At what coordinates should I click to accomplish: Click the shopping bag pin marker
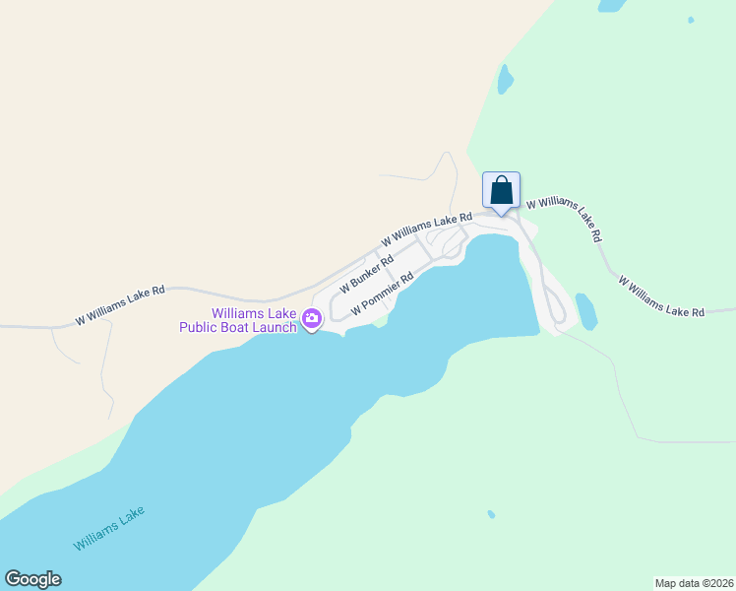pos(501,190)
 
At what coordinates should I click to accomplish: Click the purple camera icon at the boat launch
pos(312,318)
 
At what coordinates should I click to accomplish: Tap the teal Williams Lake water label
pos(108,529)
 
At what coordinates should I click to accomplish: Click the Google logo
pos(32,579)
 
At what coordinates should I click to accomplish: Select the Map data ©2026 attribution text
pos(693,583)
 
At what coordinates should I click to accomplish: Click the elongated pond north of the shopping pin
pos(505,79)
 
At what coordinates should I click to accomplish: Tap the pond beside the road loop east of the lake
pos(586,312)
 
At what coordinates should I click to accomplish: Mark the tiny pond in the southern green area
pos(491,514)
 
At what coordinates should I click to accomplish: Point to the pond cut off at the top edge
pos(611,5)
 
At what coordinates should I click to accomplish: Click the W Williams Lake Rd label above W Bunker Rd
pos(427,228)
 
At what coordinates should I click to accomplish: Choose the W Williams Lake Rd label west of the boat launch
pos(120,306)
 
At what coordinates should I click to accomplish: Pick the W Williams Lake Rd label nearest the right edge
pos(661,296)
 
